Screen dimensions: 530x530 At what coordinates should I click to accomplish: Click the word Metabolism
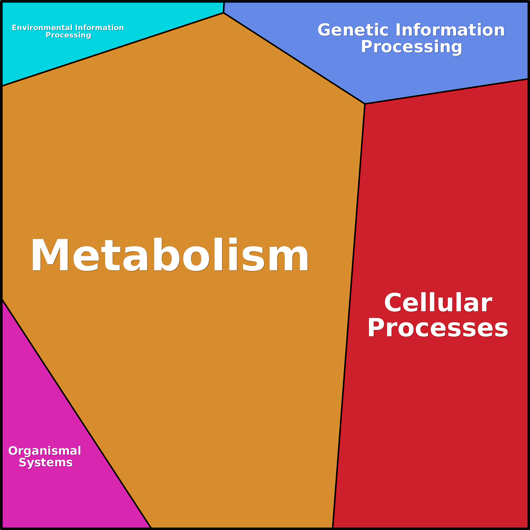point(170,255)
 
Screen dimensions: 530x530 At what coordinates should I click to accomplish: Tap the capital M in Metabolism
point(50,255)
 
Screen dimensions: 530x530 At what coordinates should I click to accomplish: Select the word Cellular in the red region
point(438,303)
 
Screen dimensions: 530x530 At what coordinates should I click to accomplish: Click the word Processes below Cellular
point(438,328)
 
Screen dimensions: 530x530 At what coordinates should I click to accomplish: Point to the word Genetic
point(353,30)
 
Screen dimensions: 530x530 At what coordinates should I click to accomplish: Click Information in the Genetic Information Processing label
point(450,30)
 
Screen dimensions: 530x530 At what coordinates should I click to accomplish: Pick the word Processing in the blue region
point(411,47)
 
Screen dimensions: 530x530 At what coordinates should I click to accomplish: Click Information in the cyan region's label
point(99,28)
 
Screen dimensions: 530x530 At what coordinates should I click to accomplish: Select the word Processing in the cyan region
point(68,35)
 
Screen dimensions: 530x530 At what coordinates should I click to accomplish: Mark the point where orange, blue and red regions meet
point(365,104)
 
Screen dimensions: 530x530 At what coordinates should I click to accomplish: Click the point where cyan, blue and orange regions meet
point(224,13)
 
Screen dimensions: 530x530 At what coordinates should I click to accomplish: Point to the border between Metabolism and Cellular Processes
point(349,315)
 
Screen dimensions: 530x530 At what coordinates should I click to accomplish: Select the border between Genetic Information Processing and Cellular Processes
point(447,91)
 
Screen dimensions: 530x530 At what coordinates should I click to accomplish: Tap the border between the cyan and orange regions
point(112,49)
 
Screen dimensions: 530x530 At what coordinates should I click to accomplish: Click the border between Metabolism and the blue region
point(294,58)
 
